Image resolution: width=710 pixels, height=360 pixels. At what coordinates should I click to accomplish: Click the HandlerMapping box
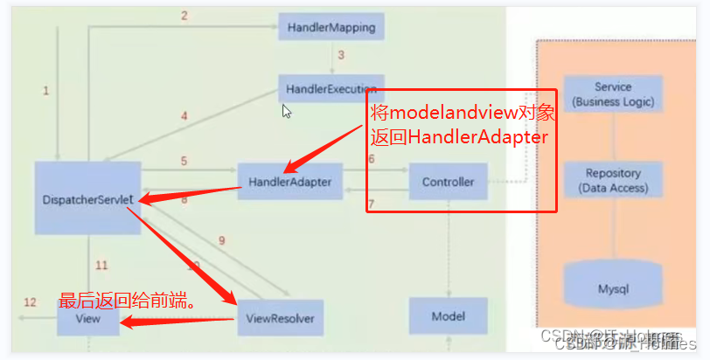pyautogui.click(x=331, y=27)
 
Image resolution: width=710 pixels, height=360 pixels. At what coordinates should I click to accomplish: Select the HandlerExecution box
pyautogui.click(x=331, y=88)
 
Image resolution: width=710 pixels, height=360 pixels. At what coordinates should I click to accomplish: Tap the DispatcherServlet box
pyautogui.click(x=87, y=198)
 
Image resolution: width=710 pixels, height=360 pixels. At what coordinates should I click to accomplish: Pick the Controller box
pyautogui.click(x=448, y=182)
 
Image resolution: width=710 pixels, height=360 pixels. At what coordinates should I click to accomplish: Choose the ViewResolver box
pyautogui.click(x=279, y=318)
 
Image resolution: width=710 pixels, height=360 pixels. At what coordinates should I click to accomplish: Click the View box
pyautogui.click(x=87, y=319)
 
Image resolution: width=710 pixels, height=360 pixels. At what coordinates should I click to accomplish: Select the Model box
pyautogui.click(x=448, y=316)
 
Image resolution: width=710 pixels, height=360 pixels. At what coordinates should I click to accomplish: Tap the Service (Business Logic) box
pyautogui.click(x=612, y=95)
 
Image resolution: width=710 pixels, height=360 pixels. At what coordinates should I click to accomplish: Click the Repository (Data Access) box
pyautogui.click(x=612, y=180)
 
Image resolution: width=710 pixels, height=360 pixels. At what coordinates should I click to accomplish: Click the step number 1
pyautogui.click(x=45, y=90)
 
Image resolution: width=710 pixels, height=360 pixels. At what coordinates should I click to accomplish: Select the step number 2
pyautogui.click(x=184, y=15)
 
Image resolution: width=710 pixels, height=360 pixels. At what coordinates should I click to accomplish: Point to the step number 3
pyautogui.click(x=341, y=55)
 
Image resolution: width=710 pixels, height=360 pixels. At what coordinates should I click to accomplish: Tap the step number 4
pyautogui.click(x=184, y=115)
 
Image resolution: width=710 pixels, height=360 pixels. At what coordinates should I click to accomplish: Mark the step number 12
pyautogui.click(x=30, y=302)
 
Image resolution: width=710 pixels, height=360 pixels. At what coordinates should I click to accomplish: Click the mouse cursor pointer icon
pyautogui.click(x=286, y=112)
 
